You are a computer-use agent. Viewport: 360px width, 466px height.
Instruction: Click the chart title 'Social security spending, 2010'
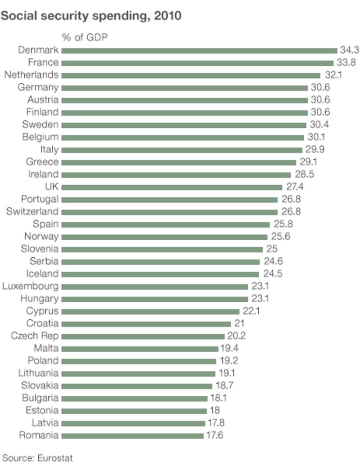point(92,16)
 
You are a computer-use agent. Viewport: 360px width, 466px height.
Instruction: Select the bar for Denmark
point(199,50)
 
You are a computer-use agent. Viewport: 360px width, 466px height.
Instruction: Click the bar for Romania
point(132,435)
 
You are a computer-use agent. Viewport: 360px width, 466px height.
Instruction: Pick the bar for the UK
point(171,187)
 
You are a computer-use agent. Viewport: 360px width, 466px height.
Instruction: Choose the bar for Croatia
point(146,324)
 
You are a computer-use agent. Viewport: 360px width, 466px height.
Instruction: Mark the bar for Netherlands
point(190,75)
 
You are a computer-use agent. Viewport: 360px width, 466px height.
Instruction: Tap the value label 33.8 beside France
point(346,63)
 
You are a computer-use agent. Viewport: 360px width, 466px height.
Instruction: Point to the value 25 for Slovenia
point(271,249)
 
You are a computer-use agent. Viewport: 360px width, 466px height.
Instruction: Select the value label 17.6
point(215,435)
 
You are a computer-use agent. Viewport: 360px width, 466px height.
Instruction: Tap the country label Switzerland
point(32,211)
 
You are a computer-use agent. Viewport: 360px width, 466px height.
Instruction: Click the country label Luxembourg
point(31,286)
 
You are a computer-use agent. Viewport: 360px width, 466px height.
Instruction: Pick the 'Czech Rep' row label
point(35,336)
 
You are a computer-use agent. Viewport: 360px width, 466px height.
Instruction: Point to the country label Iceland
point(43,273)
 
